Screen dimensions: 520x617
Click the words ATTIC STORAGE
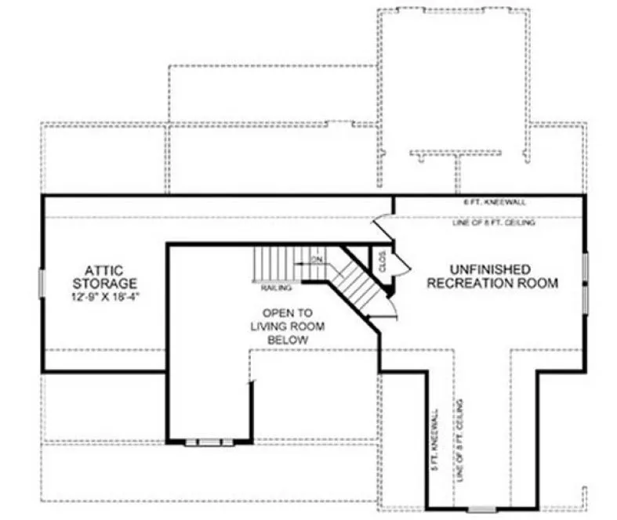[x=105, y=276]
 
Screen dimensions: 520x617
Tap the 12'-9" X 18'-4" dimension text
[x=105, y=298]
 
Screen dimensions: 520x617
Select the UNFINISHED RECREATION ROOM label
[x=492, y=276]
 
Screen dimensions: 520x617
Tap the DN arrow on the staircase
[x=315, y=259]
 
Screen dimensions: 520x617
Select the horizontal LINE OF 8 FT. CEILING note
[x=494, y=223]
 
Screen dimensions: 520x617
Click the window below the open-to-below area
[x=209, y=442]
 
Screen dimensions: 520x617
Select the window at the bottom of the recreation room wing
[x=481, y=509]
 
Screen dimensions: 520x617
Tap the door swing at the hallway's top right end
[x=382, y=226]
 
